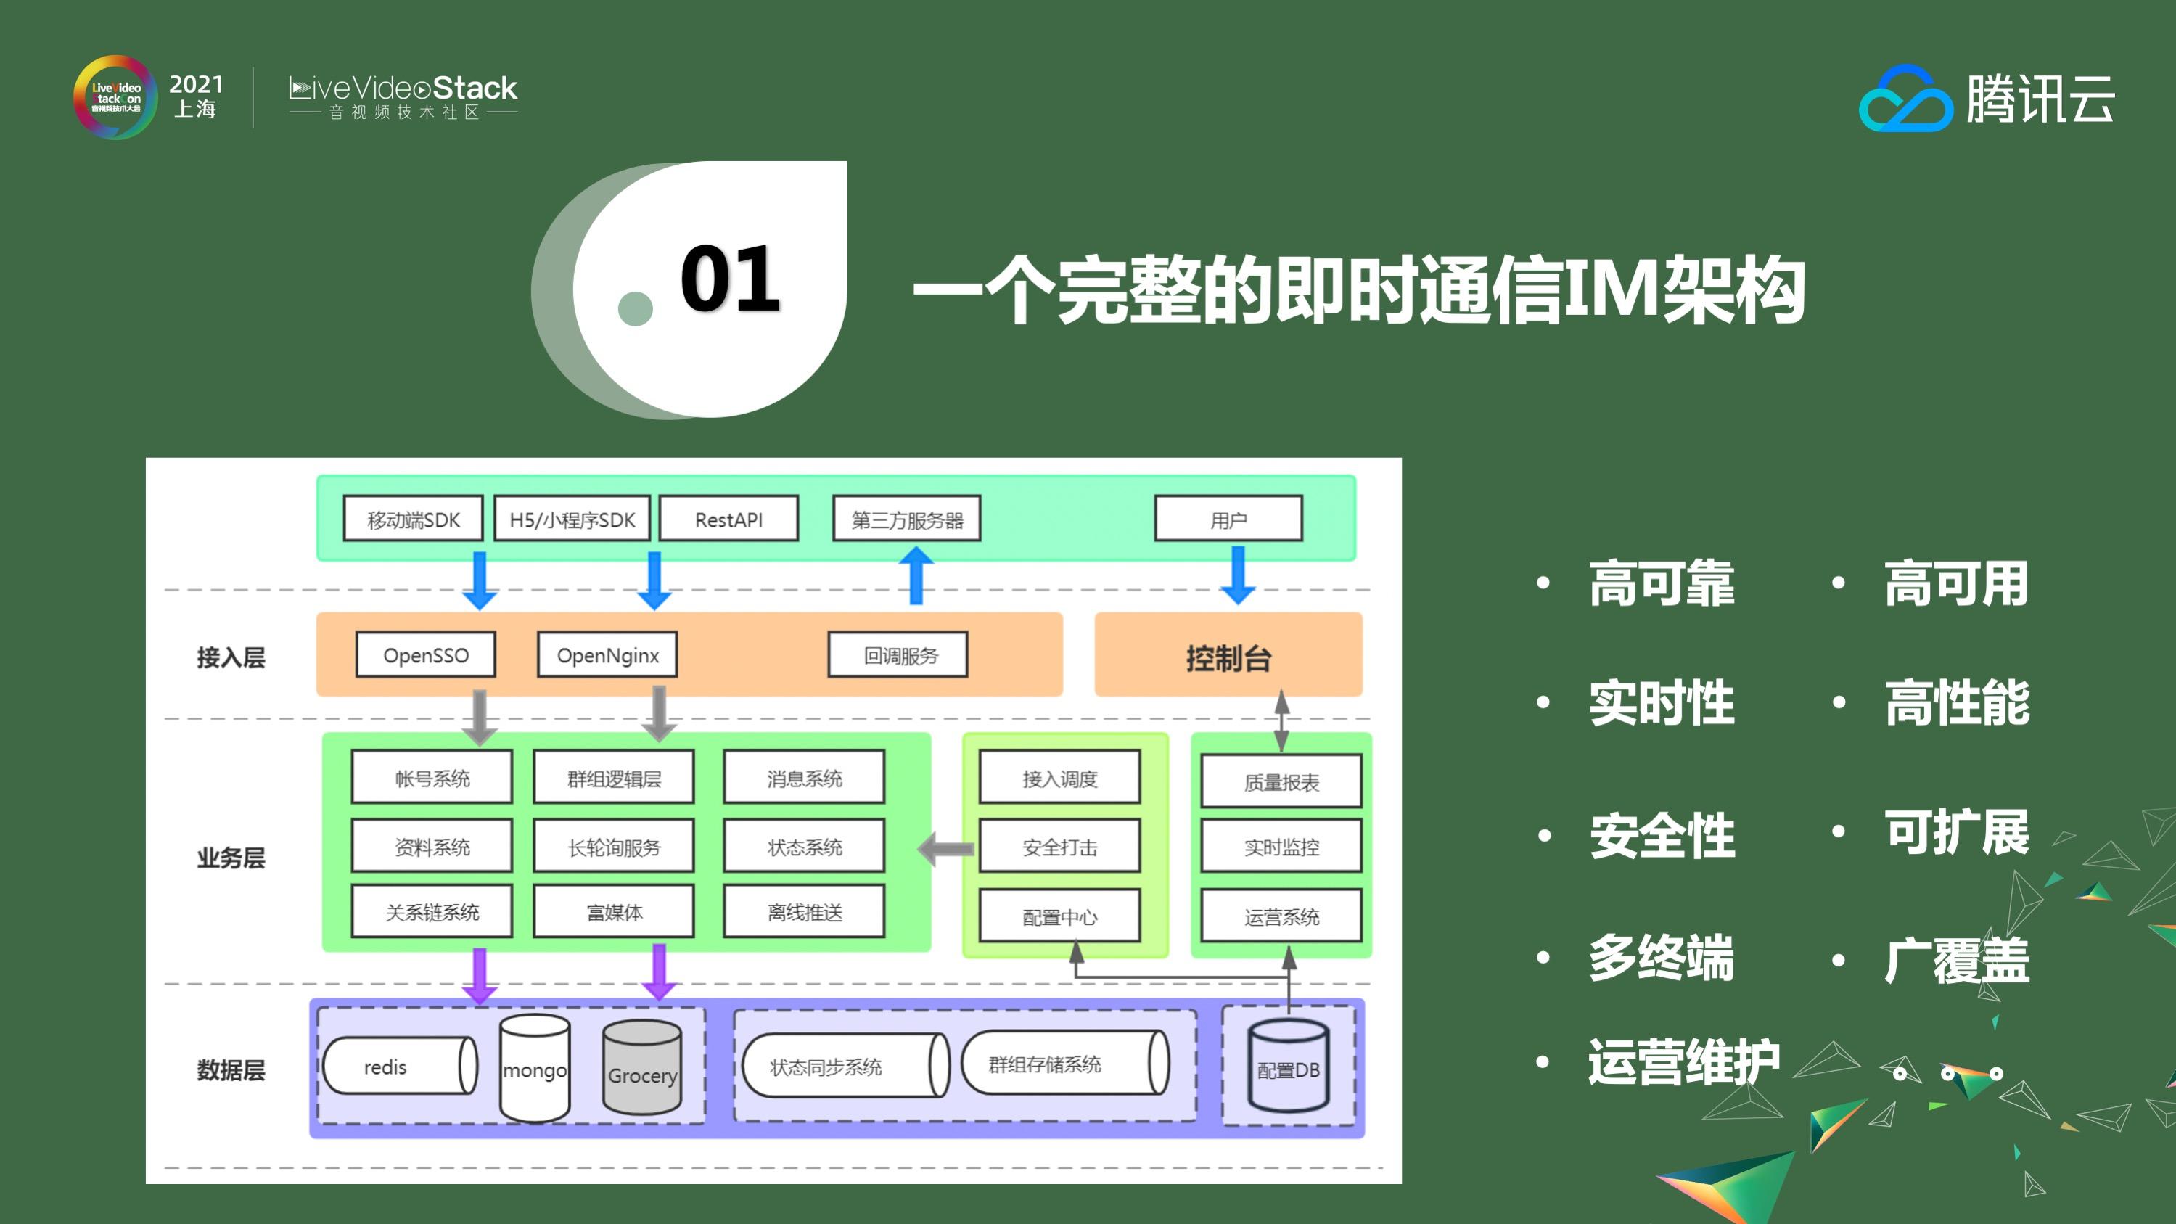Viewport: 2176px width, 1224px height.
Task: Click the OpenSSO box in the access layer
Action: (x=425, y=654)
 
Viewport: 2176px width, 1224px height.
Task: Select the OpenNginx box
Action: (x=607, y=654)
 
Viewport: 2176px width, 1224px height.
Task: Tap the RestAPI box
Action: (x=728, y=519)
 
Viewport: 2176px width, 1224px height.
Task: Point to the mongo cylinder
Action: (x=535, y=1069)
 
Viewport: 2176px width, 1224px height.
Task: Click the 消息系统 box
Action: (x=804, y=777)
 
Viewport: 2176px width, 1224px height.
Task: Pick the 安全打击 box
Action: (x=1059, y=847)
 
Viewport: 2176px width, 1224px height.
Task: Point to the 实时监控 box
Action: (x=1281, y=847)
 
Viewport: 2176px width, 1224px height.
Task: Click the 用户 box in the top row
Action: (x=1228, y=519)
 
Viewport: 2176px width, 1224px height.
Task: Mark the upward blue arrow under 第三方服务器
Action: (x=916, y=575)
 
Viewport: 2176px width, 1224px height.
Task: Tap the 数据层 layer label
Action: (x=231, y=1069)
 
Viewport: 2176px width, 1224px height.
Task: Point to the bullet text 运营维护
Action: (x=1683, y=1061)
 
